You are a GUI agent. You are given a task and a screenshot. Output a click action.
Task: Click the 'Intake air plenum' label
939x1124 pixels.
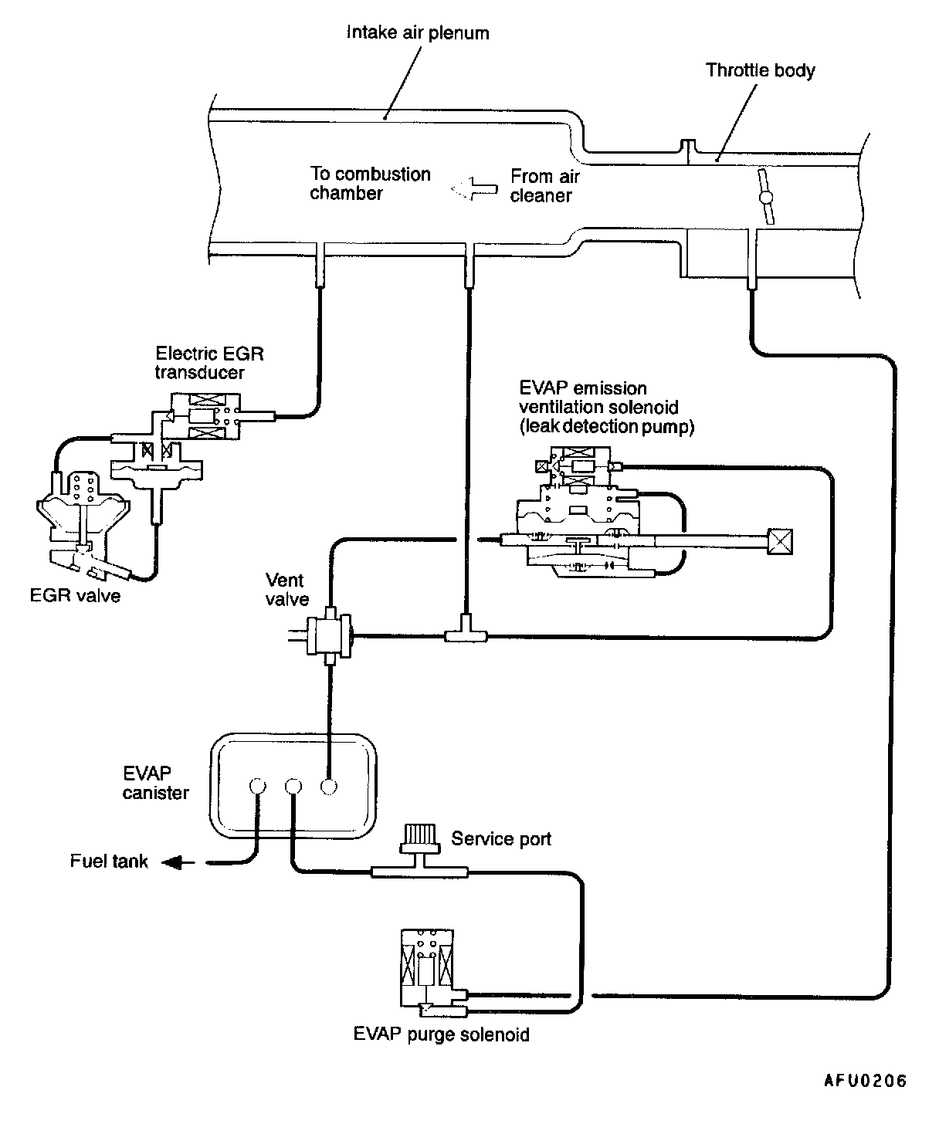tap(418, 33)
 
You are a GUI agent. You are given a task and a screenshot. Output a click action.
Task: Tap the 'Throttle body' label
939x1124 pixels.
tap(761, 71)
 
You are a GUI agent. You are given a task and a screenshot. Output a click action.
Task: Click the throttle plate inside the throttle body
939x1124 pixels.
tap(766, 196)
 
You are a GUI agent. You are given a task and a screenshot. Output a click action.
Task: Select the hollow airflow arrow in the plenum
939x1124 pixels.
tap(473, 188)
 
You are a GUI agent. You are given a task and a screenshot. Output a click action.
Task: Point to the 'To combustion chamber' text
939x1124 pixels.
tap(370, 183)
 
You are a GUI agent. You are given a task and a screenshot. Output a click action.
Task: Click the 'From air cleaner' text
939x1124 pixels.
tap(544, 186)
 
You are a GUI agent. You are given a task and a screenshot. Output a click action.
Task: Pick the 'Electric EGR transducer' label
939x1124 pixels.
tap(209, 363)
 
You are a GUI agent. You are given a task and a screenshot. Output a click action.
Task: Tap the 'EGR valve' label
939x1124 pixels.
tap(75, 596)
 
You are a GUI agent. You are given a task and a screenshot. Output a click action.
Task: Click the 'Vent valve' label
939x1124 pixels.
tap(286, 589)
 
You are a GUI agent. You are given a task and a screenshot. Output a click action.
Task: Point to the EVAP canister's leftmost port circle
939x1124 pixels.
tap(258, 787)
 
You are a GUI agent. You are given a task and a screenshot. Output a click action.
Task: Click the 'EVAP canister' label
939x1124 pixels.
tap(155, 783)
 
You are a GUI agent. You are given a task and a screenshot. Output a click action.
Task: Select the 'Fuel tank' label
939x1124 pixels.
tap(109, 861)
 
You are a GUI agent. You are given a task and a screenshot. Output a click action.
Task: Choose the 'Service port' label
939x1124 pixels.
tap(501, 839)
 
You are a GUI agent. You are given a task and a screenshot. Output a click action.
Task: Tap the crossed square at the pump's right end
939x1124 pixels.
tap(779, 542)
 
